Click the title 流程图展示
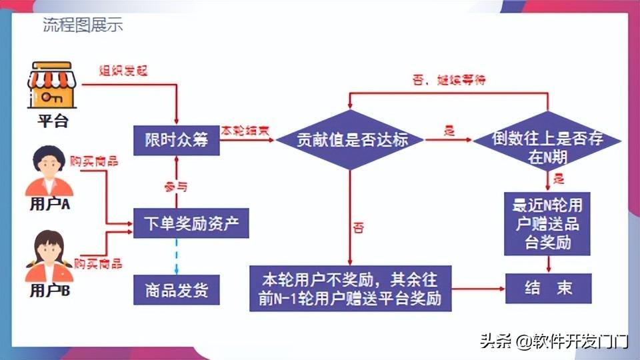(x=83, y=26)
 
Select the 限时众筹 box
(x=177, y=140)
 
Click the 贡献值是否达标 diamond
(x=351, y=140)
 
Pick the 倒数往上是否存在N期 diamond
(x=547, y=147)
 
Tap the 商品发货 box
(x=177, y=290)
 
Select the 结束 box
(x=548, y=289)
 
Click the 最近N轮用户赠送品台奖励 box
(x=547, y=223)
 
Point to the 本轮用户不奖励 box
(x=351, y=288)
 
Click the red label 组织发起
(x=123, y=71)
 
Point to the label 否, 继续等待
(x=449, y=81)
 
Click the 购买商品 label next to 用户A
(x=94, y=161)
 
